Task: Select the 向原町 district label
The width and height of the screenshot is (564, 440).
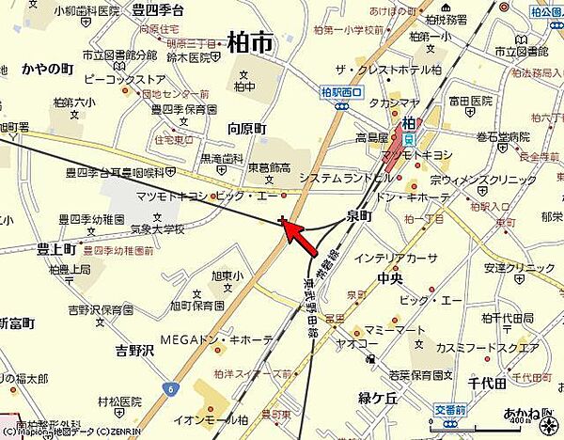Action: coord(247,128)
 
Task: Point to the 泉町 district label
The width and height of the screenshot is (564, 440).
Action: coord(359,214)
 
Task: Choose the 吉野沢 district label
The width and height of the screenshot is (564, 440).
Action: coord(133,351)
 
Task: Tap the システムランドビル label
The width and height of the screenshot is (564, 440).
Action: coord(335,178)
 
